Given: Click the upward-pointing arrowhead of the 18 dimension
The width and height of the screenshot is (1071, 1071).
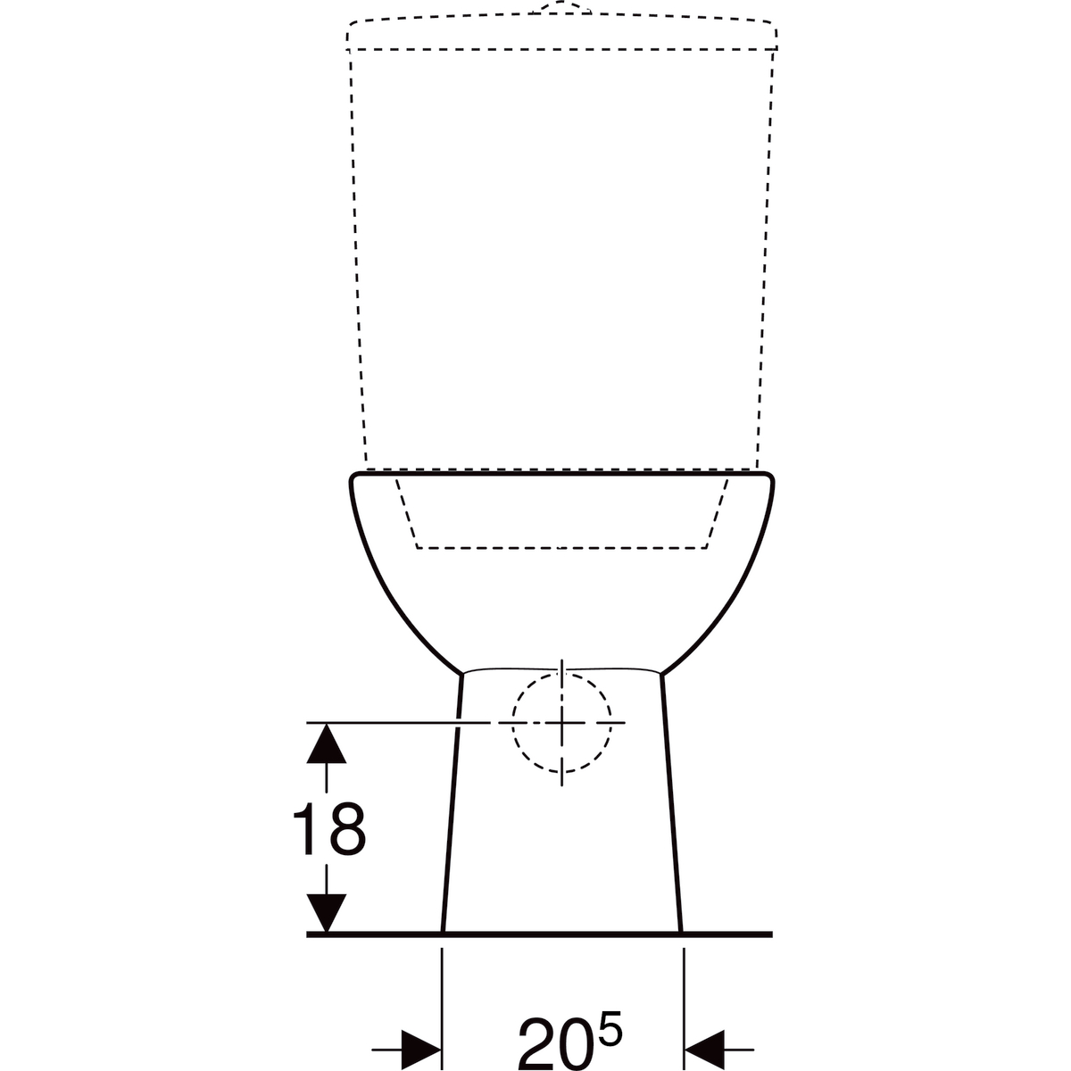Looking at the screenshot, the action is tap(327, 743).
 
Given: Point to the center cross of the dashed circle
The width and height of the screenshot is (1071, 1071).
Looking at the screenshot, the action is tap(562, 723).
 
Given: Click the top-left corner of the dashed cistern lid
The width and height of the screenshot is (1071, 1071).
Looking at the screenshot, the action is tap(350, 24).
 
